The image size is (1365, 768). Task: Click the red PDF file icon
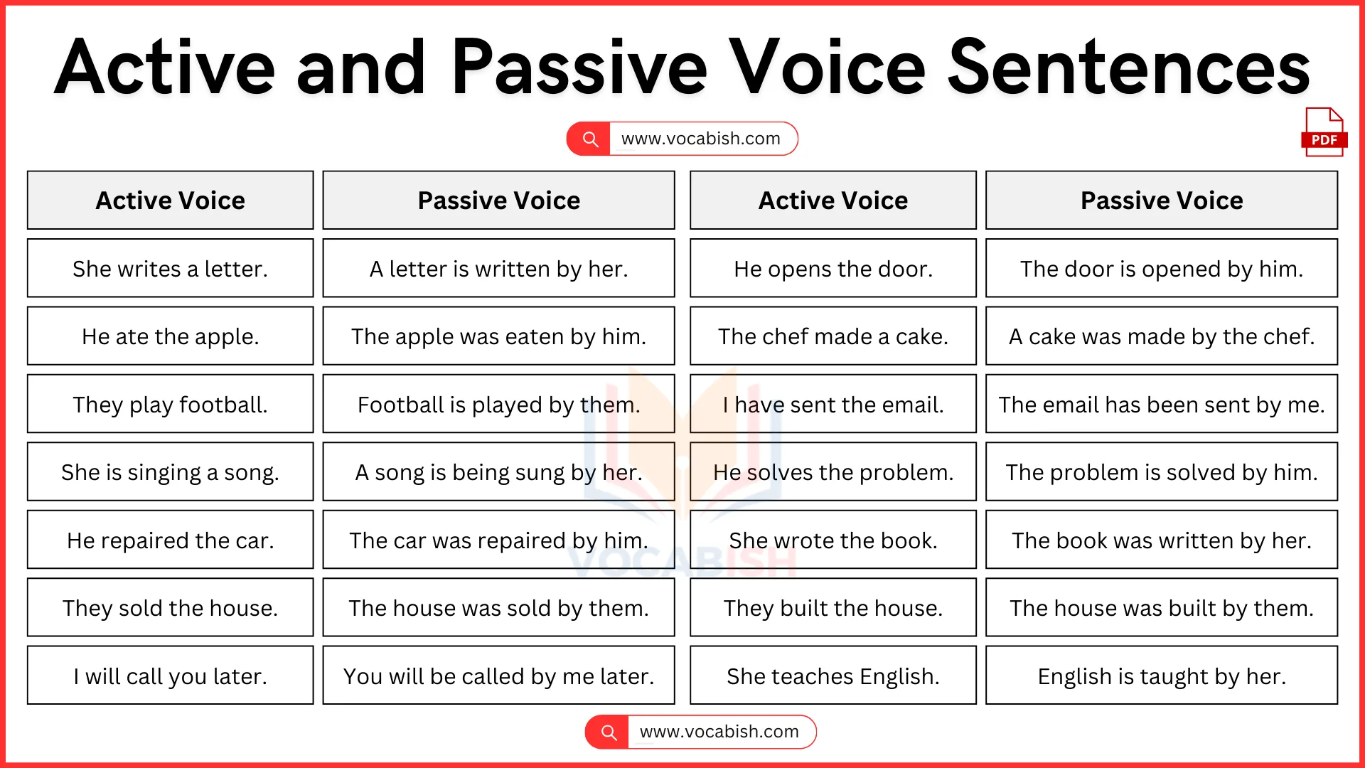1324,132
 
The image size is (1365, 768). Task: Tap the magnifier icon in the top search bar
590,139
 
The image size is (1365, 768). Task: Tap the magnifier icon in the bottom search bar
609,732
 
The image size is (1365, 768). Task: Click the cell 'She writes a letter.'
170,269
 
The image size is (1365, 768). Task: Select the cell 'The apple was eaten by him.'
498,336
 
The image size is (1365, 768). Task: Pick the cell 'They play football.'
170,405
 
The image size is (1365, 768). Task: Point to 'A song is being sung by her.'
498,472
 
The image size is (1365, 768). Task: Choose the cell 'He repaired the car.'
170,540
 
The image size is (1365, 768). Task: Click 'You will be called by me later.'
498,676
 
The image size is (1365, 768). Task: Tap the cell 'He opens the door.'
833,269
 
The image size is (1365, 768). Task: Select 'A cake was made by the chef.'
1161,336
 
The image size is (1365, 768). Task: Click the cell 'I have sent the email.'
833,405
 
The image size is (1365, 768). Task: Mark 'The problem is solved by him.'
1161,472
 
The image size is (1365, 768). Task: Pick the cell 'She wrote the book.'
833,540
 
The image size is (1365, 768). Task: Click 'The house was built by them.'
1161,608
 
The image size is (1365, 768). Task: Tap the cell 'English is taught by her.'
1161,676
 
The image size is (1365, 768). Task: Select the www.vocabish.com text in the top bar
700,139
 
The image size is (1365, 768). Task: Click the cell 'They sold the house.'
170,608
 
